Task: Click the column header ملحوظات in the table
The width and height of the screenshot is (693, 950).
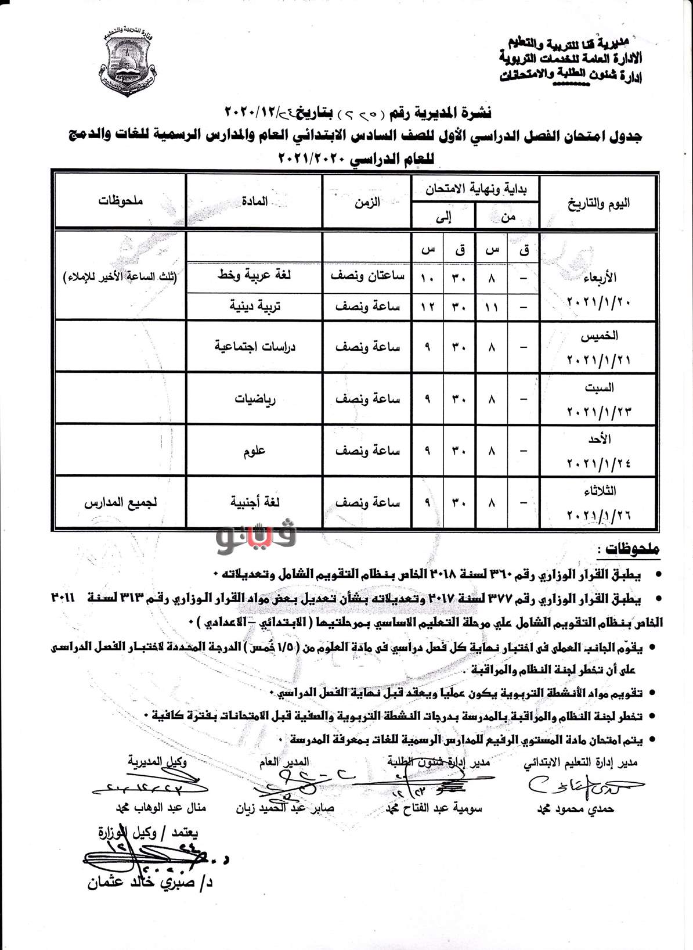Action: click(x=120, y=201)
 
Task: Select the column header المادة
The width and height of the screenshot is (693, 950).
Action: click(x=255, y=201)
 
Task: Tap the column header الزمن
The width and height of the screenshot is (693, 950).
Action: click(x=367, y=203)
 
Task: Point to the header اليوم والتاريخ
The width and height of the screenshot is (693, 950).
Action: click(x=598, y=203)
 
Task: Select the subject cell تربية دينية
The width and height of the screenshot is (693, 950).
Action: click(x=255, y=306)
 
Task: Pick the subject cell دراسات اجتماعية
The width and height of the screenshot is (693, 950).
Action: click(x=255, y=347)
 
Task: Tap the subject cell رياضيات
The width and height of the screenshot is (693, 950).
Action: click(x=255, y=399)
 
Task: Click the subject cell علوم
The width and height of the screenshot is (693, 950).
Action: click(x=255, y=451)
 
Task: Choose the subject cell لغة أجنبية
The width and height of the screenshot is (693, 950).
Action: click(x=255, y=502)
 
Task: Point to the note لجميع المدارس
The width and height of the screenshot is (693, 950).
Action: click(x=121, y=502)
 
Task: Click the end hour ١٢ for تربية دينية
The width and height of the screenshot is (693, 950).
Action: click(x=428, y=306)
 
